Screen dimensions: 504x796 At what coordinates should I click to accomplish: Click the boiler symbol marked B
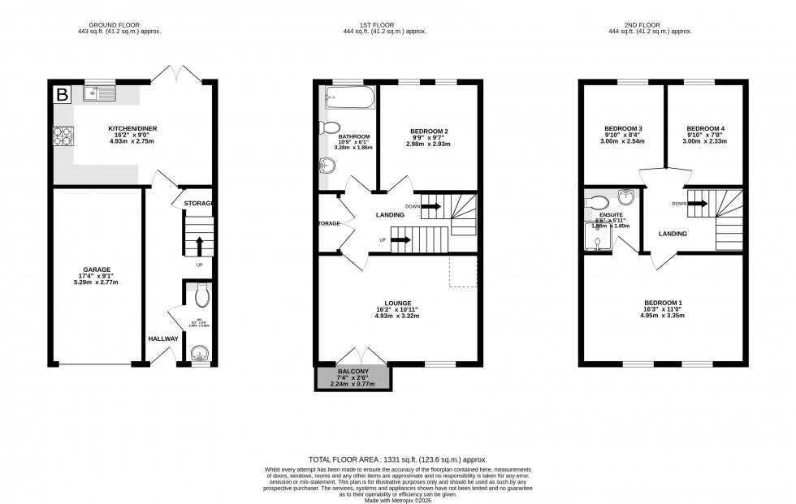pos(62,93)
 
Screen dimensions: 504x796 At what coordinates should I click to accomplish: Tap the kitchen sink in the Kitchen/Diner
pos(101,93)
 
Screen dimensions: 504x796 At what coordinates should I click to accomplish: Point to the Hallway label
pos(162,338)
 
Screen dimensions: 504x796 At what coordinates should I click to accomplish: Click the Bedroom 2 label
pos(428,131)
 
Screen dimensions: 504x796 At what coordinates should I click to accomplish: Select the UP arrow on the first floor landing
pos(400,240)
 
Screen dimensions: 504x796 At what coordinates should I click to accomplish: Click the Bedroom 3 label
pos(623,128)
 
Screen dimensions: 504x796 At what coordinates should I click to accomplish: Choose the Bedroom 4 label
pos(704,128)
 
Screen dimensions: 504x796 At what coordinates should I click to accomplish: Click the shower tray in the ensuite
pos(599,238)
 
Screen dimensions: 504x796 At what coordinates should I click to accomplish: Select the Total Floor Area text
pos(397,459)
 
